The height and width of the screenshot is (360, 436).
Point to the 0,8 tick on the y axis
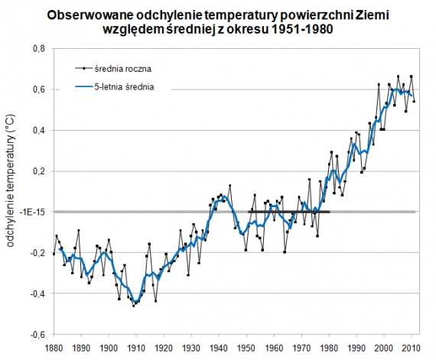click(x=37, y=49)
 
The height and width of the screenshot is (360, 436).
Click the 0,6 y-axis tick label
click(x=37, y=89)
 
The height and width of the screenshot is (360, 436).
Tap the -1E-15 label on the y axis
click(x=31, y=212)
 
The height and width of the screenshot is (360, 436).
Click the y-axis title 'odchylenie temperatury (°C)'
click(x=12, y=191)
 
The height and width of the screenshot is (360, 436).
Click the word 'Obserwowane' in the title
click(x=90, y=15)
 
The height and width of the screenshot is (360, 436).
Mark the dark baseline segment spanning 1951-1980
click(x=289, y=212)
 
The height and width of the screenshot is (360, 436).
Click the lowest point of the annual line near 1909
click(x=134, y=305)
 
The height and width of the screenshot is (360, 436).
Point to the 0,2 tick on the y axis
click(x=37, y=171)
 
